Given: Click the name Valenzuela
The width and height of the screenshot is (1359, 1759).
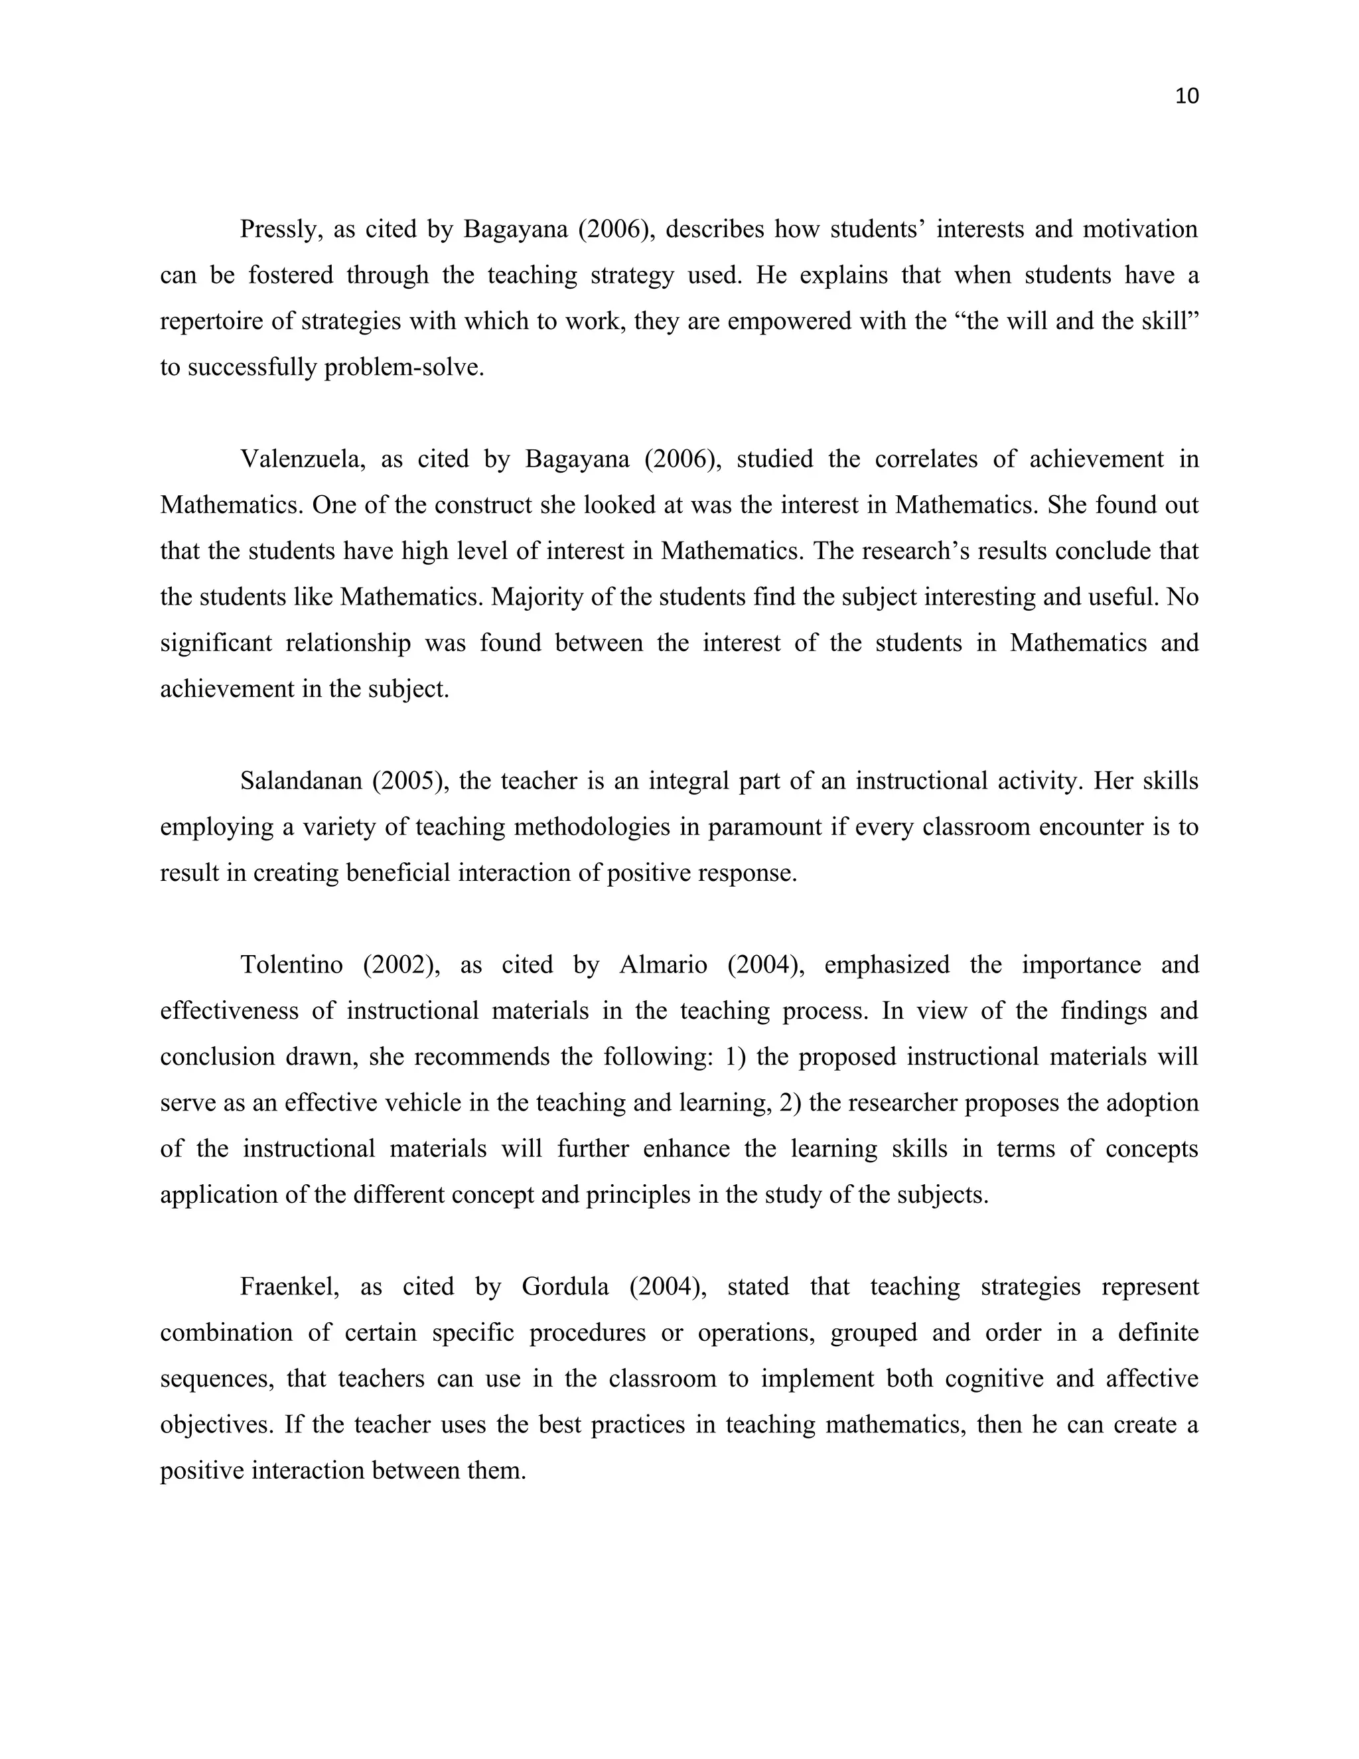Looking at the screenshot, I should (303, 460).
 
